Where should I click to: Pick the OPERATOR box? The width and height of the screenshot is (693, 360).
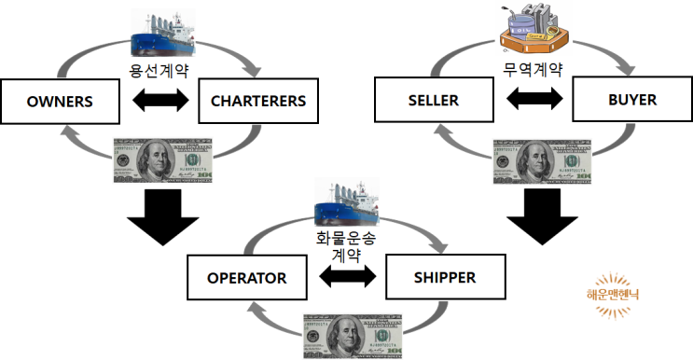tap(246, 278)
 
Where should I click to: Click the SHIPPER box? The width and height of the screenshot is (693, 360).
tap(443, 277)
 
